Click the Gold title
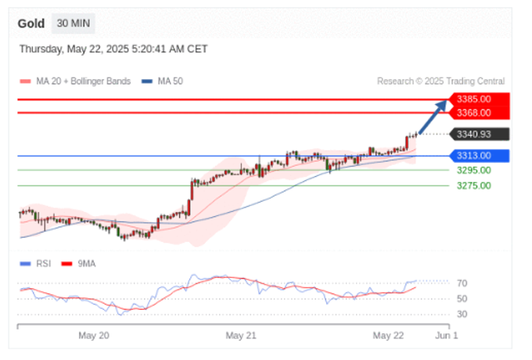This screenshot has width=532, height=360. click(31, 23)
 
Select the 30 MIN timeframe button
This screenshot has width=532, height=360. click(73, 23)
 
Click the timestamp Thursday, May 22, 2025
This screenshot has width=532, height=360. click(113, 49)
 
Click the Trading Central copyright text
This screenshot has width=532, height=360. click(440, 81)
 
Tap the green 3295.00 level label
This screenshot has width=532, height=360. click(474, 170)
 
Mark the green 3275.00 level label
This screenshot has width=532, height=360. click(474, 185)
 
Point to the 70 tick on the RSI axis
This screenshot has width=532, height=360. click(462, 283)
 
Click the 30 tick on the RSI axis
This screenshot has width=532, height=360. click(462, 314)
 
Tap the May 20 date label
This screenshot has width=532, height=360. click(93, 335)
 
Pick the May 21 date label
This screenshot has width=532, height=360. click(241, 335)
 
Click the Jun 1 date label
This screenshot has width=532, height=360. click(447, 335)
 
